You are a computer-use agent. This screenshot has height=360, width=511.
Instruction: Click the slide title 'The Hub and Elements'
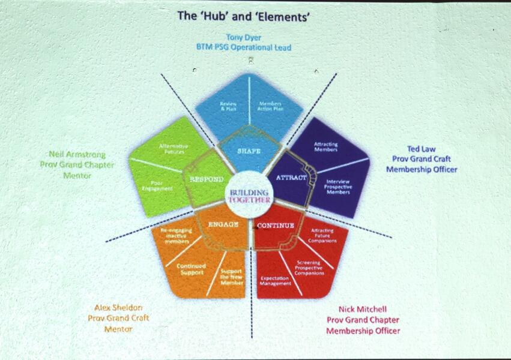tap(243, 17)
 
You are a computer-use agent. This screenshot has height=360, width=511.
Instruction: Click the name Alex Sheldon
tap(118, 307)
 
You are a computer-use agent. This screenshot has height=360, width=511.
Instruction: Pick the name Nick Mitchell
tap(362, 309)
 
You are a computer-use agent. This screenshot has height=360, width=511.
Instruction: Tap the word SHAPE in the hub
tap(248, 151)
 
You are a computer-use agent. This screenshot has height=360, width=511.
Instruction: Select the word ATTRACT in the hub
tap(291, 178)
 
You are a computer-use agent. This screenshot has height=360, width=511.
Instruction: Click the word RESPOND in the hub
tap(207, 179)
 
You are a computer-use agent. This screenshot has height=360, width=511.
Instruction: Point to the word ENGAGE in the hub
tap(223, 224)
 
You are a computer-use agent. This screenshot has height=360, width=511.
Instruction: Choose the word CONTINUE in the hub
tap(276, 226)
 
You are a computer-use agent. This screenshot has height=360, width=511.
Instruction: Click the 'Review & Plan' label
tap(228, 106)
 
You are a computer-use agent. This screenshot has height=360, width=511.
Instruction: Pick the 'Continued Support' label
tap(192, 269)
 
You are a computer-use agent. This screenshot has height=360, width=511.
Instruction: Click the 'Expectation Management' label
tap(276, 280)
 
